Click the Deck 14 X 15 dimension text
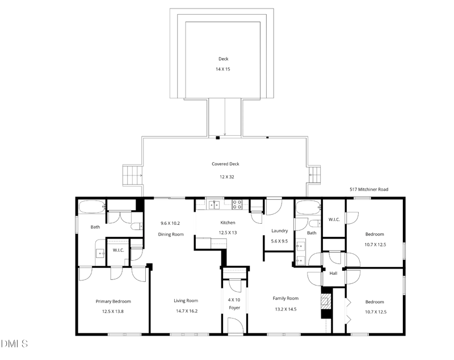click(x=222, y=69)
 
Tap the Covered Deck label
click(x=225, y=164)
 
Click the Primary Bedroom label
click(x=113, y=302)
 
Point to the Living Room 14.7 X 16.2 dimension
click(x=186, y=311)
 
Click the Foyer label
click(x=234, y=308)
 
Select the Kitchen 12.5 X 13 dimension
click(x=228, y=232)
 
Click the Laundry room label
click(x=279, y=231)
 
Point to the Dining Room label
click(x=170, y=234)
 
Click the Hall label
click(x=333, y=274)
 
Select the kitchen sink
click(x=215, y=205)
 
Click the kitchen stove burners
click(x=238, y=205)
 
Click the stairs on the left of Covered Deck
click(x=132, y=175)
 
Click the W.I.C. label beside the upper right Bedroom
click(x=334, y=219)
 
